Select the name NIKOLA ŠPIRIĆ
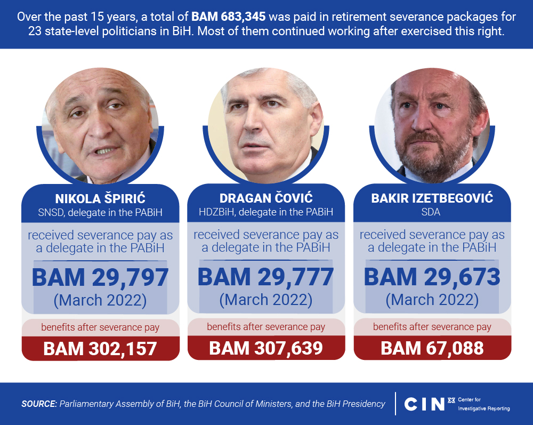click(x=100, y=199)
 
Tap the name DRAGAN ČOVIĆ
click(x=265, y=199)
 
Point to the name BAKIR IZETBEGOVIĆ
click(x=432, y=199)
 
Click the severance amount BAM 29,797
click(x=100, y=277)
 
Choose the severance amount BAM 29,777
click(x=265, y=277)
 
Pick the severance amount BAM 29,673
click(x=432, y=277)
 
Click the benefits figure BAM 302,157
click(x=100, y=348)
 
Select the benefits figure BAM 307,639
click(x=265, y=348)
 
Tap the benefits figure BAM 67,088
click(x=432, y=348)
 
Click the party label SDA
click(x=432, y=212)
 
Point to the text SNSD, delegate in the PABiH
click(x=100, y=212)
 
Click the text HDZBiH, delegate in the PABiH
click(x=265, y=212)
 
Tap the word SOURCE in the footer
click(x=39, y=404)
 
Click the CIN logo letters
click(x=424, y=404)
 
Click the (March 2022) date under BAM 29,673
click(x=432, y=300)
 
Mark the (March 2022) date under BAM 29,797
click(x=100, y=300)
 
